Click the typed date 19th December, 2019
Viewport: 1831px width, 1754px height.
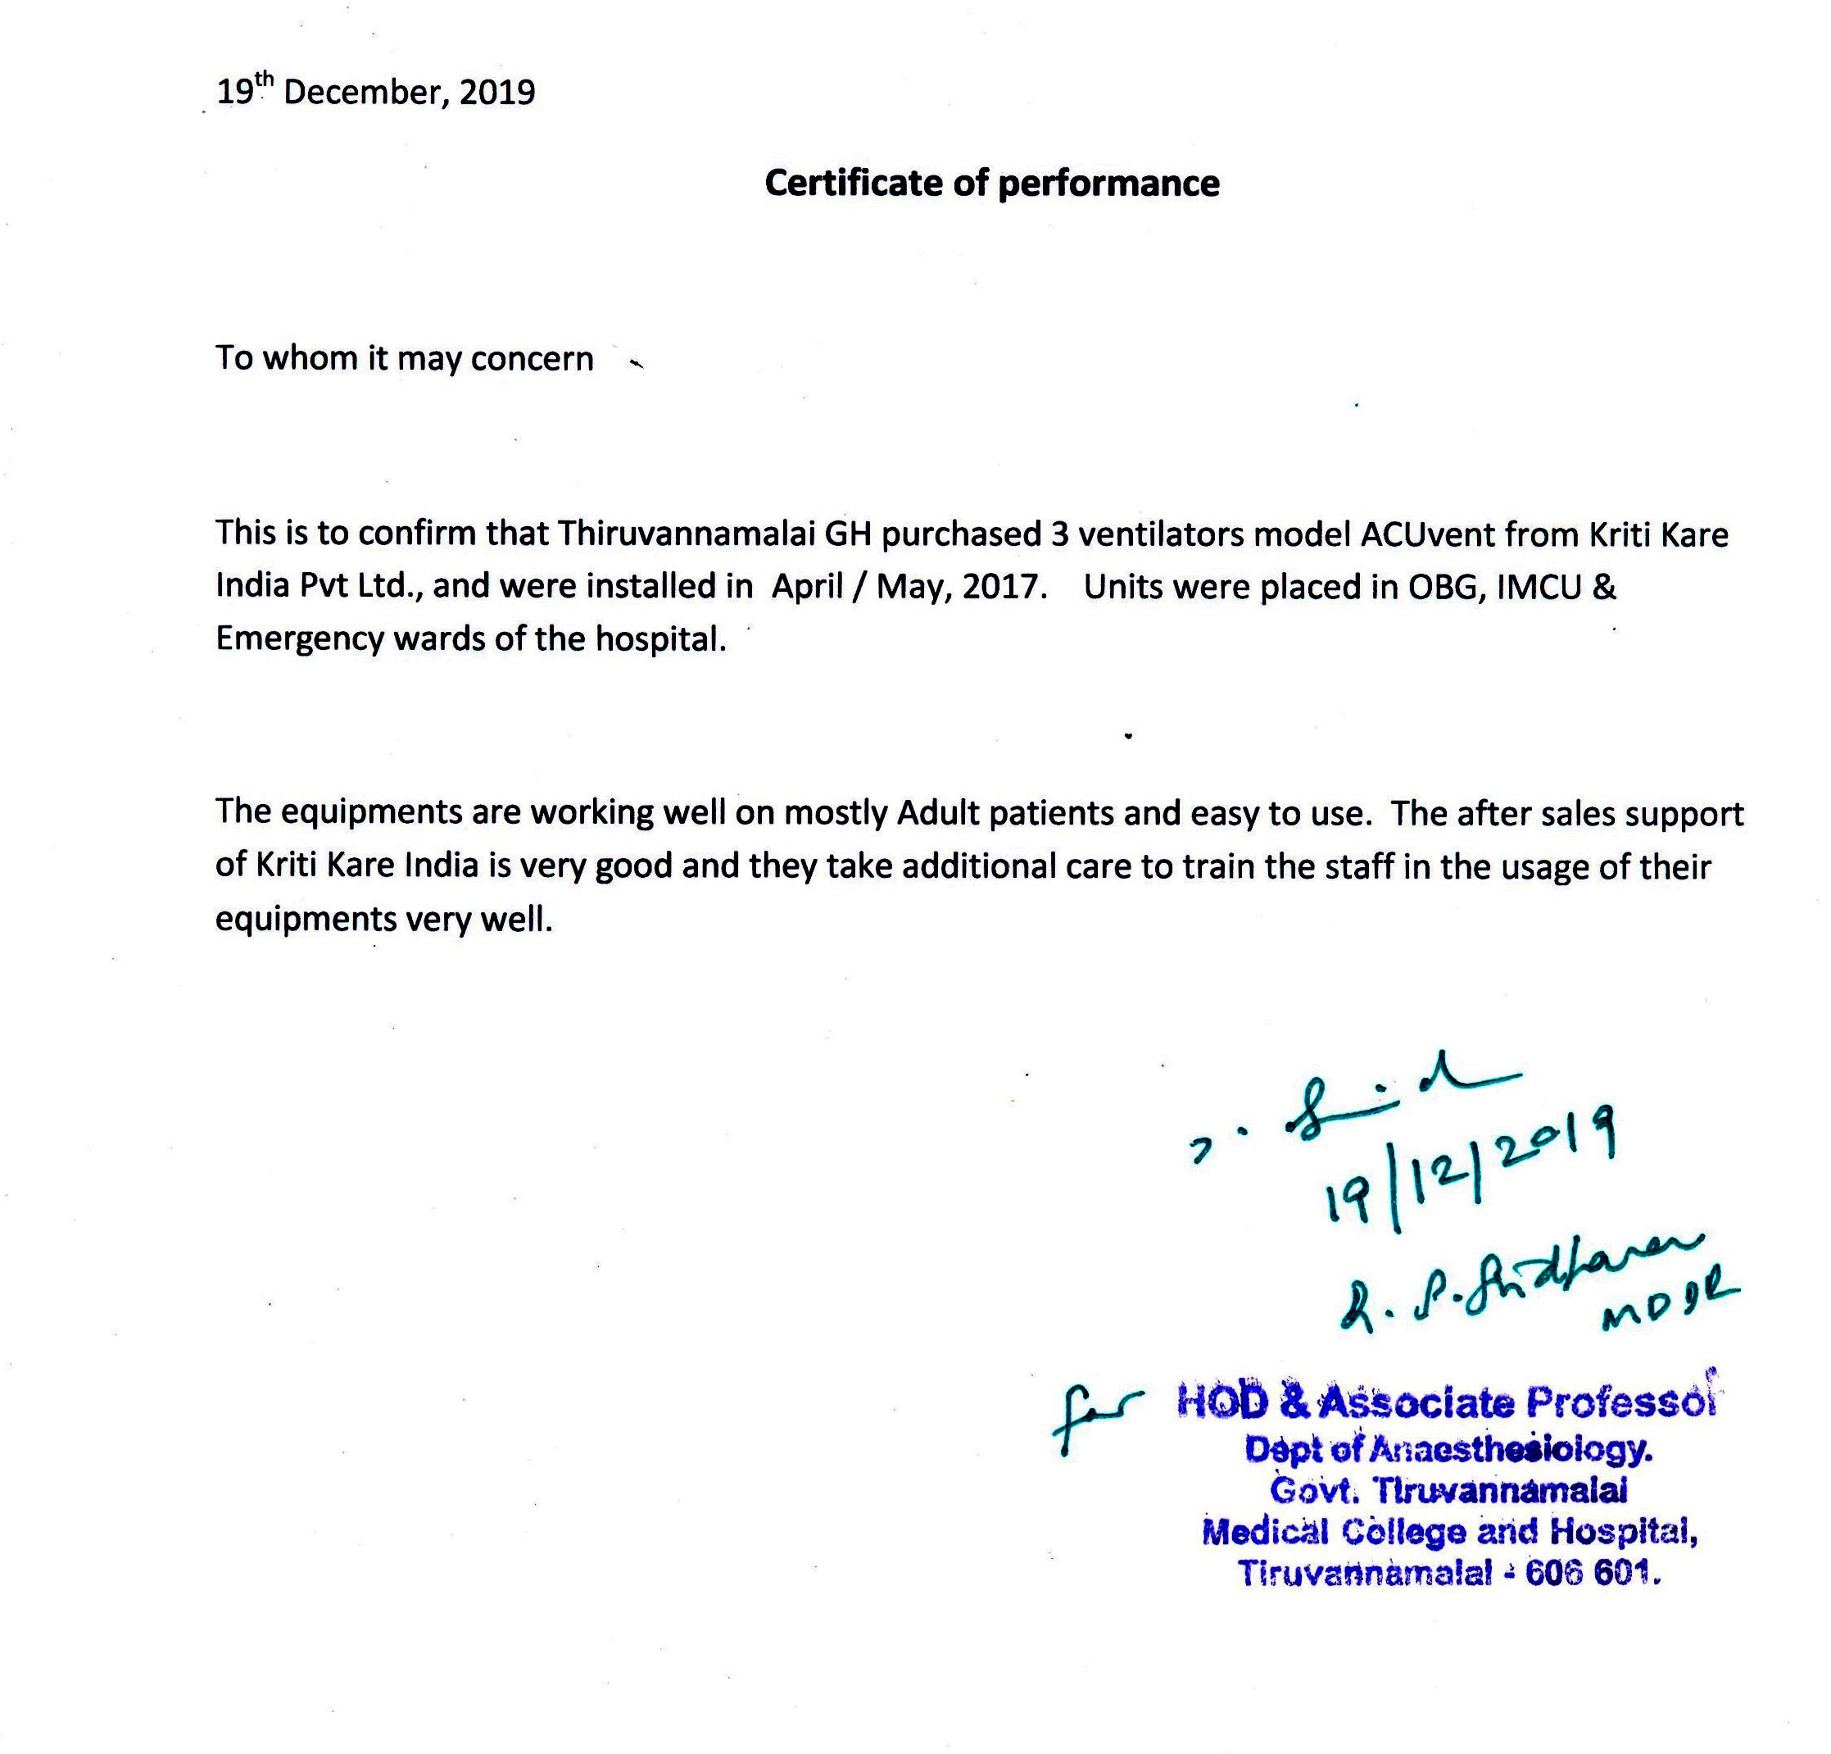(375, 92)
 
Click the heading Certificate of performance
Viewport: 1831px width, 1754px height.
(991, 183)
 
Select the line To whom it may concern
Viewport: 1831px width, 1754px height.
(405, 359)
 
